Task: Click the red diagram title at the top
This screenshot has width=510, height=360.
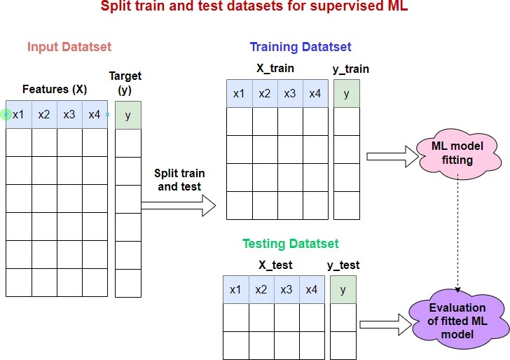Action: click(255, 8)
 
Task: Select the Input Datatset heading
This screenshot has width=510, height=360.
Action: click(69, 48)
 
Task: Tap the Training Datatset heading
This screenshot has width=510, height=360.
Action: click(301, 48)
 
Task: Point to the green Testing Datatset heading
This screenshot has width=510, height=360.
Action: click(290, 244)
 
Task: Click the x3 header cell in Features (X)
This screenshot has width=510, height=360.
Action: click(69, 115)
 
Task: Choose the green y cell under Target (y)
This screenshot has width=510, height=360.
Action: click(127, 116)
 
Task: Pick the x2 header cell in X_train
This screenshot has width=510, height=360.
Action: click(265, 94)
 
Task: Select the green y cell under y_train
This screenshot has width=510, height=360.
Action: click(347, 94)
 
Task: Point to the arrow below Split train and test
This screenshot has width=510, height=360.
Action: click(179, 205)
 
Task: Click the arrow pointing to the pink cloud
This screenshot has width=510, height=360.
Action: click(389, 155)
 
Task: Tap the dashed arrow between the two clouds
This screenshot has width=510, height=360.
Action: click(457, 231)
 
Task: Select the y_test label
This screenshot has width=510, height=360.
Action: click(343, 265)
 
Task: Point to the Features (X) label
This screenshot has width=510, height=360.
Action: click(55, 90)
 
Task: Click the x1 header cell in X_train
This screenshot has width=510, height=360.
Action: click(240, 94)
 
